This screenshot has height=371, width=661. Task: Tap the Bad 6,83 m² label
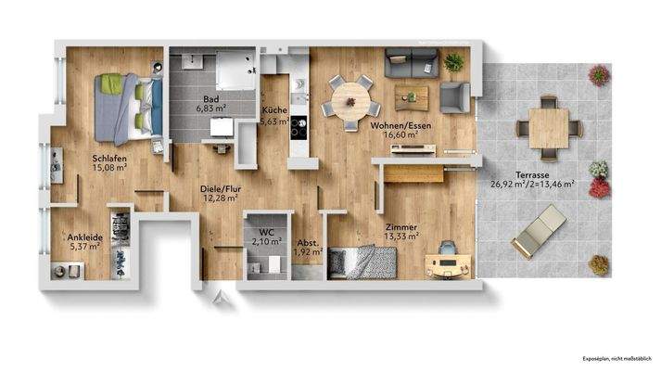pyautogui.click(x=210, y=103)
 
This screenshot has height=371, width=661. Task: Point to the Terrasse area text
pyautogui.click(x=532, y=179)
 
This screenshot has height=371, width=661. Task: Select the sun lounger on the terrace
pyautogui.click(x=538, y=231)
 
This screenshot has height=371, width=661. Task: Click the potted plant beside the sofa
pyautogui.click(x=453, y=62)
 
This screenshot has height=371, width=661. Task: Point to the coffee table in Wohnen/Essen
pyautogui.click(x=411, y=96)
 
